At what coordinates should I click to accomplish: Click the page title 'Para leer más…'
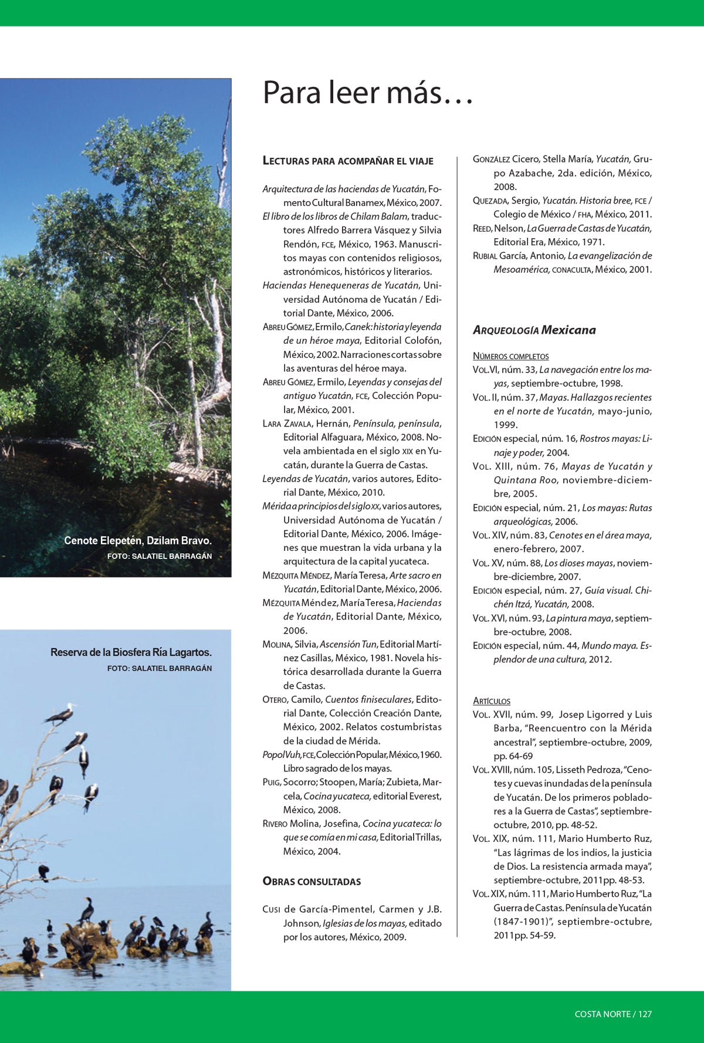368,93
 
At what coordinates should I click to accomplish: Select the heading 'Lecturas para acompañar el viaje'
348,161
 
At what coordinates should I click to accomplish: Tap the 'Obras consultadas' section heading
312,881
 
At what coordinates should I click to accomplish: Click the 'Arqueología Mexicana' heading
534,330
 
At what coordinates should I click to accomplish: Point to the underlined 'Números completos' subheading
510,356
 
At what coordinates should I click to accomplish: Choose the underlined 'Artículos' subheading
491,701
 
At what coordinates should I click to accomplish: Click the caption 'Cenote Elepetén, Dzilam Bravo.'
138,541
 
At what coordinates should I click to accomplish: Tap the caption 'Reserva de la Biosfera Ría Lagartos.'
131,652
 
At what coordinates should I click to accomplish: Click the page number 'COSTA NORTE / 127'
613,1014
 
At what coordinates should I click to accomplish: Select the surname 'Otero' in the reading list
275,700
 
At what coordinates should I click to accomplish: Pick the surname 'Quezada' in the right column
490,201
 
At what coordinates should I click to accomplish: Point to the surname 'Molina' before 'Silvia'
276,645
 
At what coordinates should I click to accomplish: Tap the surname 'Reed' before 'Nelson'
482,228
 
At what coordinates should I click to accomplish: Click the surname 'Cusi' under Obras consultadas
271,909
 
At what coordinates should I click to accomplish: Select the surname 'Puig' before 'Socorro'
271,783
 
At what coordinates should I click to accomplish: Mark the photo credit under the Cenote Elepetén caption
159,556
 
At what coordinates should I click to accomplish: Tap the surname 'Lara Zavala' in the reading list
287,424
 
